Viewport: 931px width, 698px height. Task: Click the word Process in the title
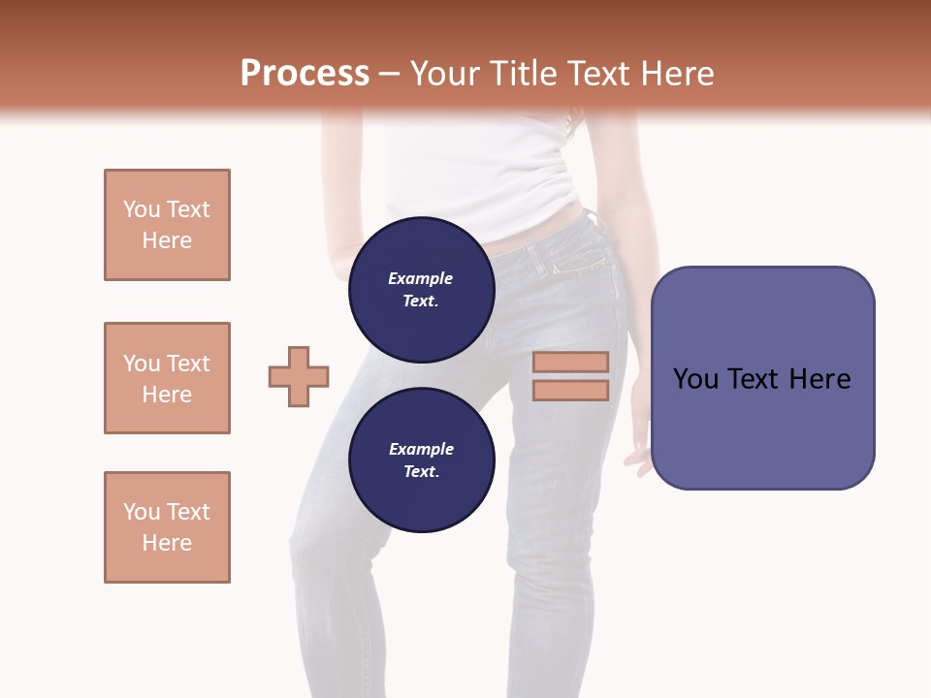click(305, 74)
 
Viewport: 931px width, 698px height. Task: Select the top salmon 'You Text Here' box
click(167, 225)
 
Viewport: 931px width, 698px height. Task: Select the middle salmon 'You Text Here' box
click(167, 378)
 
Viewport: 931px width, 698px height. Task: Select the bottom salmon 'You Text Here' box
click(167, 527)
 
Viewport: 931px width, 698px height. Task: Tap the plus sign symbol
click(299, 376)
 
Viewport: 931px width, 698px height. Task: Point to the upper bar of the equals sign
click(570, 362)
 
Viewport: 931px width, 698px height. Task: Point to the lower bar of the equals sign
click(570, 390)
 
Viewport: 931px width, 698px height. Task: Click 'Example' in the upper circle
click(421, 278)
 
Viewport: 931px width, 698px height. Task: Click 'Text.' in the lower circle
click(421, 471)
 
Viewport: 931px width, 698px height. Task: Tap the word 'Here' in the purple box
click(820, 379)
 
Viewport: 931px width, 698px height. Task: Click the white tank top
click(475, 174)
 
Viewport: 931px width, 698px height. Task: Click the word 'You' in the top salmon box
click(141, 209)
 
